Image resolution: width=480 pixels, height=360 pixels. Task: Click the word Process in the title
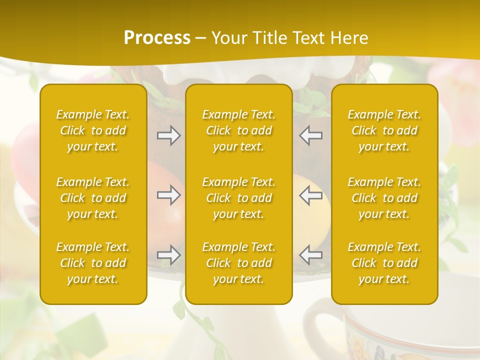[x=157, y=38]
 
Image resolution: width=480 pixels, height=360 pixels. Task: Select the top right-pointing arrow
[x=169, y=135]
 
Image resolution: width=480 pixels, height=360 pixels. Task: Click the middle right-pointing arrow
[x=169, y=195]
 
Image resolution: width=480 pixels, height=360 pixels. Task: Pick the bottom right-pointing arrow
[x=169, y=255]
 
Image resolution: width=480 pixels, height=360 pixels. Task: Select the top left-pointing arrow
[x=310, y=135]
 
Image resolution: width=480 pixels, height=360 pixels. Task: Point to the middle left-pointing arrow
[x=310, y=195]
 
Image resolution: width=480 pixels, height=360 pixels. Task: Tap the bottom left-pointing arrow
[x=310, y=255]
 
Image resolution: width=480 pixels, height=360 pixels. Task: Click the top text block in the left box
[x=93, y=130]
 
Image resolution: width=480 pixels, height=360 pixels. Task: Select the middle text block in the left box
[x=93, y=198]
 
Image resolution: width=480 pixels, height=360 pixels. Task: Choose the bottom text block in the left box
[x=93, y=263]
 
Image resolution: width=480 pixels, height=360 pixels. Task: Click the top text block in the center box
[x=239, y=130]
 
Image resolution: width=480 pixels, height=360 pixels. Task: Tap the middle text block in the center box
[x=239, y=198]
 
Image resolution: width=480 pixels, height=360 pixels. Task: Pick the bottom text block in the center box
[x=239, y=263]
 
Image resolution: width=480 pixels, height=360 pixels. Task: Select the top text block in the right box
[x=384, y=130]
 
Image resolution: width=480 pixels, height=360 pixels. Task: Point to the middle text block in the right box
[x=384, y=198]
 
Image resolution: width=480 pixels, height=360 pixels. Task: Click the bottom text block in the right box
[x=384, y=263]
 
